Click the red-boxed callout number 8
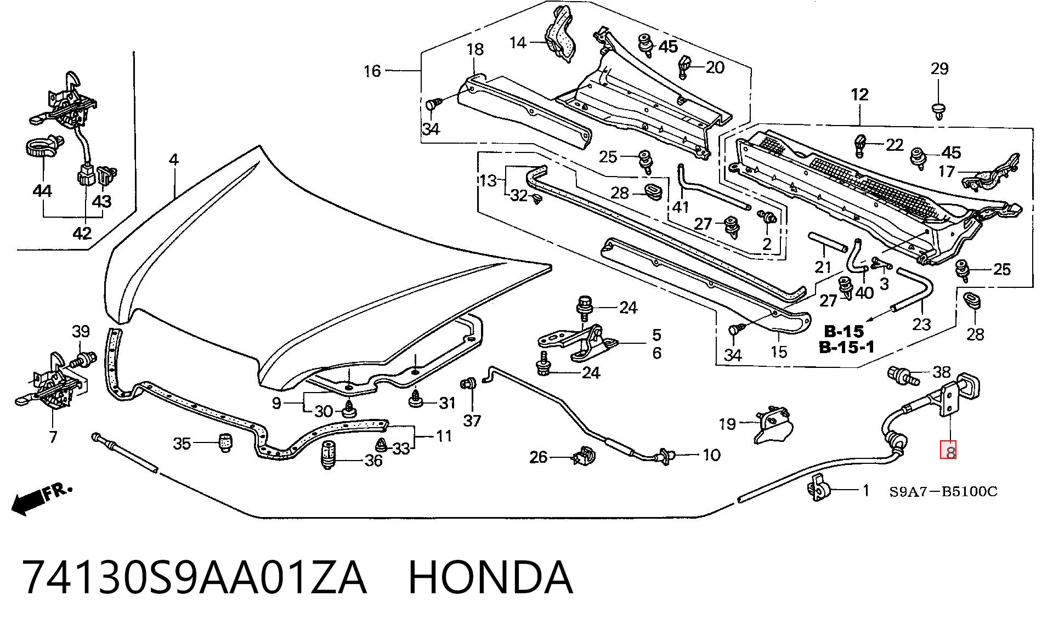(949, 451)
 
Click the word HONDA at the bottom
(490, 577)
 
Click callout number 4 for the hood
(173, 160)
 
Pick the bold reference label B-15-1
(847, 347)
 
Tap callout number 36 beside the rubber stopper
(373, 461)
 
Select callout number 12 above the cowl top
(860, 95)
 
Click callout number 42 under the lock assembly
(82, 234)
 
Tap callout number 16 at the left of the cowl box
(372, 71)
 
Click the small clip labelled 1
(819, 487)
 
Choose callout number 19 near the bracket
(727, 424)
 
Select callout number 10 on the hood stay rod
(711, 455)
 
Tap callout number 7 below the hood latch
(53, 438)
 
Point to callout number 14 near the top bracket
(518, 42)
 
